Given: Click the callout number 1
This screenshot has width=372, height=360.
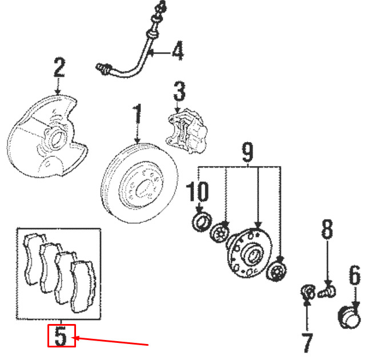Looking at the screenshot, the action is (x=137, y=118).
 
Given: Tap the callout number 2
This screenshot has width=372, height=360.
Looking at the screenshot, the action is (x=58, y=69).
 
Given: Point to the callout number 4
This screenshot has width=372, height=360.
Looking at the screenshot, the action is (x=178, y=53).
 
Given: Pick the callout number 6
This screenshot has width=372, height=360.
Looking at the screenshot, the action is (x=355, y=278).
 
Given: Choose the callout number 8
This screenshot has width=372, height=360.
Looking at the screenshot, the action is (x=326, y=231).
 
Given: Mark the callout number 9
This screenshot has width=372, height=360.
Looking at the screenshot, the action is (x=247, y=153).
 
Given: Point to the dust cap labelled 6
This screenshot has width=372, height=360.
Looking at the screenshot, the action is (x=351, y=317).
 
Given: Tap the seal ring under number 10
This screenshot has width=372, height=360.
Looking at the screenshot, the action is (x=201, y=221).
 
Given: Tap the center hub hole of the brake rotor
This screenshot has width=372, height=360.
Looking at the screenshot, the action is (x=139, y=187).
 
